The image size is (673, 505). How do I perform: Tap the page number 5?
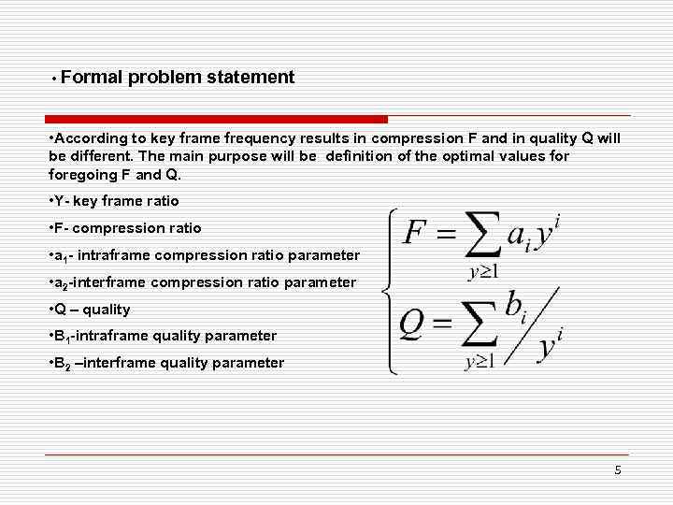[618, 470]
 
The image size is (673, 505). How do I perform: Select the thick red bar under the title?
[216, 120]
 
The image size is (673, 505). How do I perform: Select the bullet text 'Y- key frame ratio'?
[114, 201]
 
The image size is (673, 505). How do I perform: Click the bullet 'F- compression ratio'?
[125, 228]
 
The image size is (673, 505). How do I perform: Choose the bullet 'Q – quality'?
[91, 310]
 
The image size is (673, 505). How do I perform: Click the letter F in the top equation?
[415, 231]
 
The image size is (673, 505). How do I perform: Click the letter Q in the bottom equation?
[413, 324]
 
